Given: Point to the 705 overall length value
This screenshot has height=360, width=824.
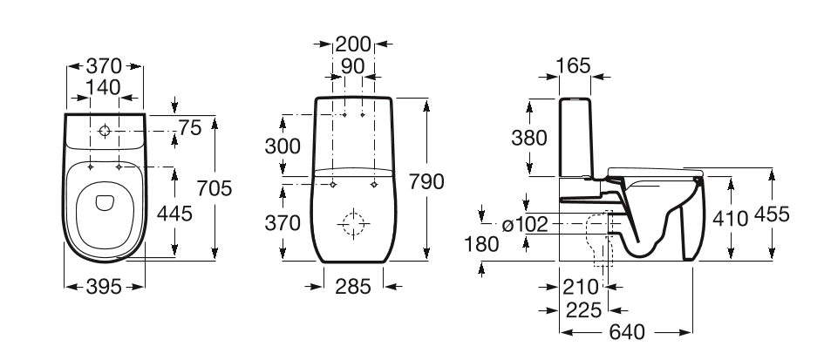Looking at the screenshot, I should coord(215,187).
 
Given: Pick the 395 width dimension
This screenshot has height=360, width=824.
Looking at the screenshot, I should coord(105,288).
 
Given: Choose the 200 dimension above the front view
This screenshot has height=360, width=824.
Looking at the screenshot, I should coord(354,44).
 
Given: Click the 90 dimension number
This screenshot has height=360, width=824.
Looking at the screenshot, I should coord(353,66).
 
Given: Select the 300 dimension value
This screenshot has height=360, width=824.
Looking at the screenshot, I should coord(283,146).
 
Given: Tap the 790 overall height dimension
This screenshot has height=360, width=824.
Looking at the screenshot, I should coord(426,181).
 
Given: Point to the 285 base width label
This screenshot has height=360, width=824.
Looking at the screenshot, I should coord(354,286).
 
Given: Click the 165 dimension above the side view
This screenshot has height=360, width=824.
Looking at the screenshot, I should coord(573,66).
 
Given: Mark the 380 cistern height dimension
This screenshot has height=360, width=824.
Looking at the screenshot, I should coord(530,138).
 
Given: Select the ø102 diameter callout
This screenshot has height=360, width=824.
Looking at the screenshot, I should coord(525,225).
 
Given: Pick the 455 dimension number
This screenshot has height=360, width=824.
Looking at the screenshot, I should coord(772,215).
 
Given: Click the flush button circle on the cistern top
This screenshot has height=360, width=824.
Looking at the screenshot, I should coord(105,132).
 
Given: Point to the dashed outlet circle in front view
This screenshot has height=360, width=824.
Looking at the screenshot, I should coord(353,224).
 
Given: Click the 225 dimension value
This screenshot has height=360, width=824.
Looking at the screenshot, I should coord(582,309).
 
